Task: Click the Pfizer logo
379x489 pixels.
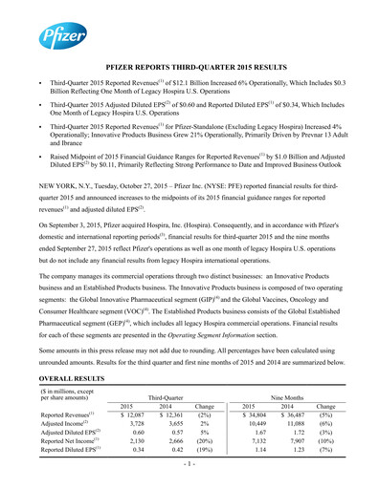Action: tap(56, 36)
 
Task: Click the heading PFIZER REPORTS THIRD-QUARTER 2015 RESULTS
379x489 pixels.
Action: tap(189, 70)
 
